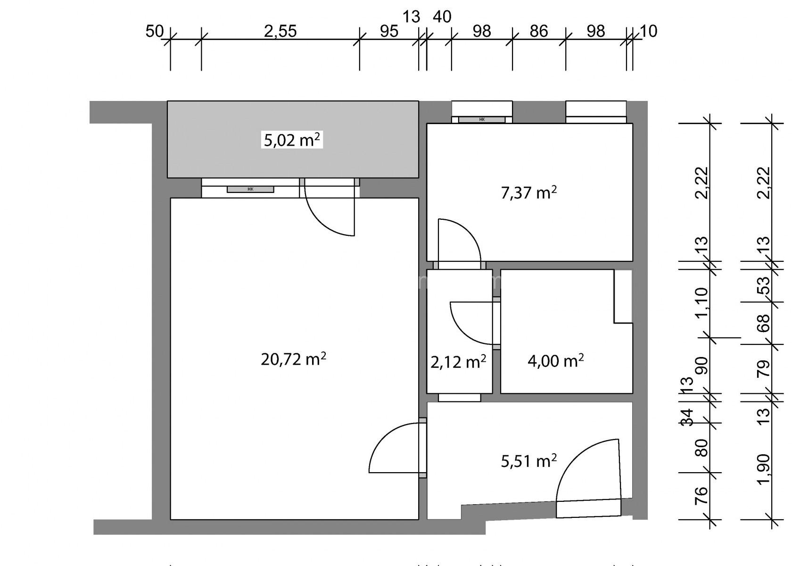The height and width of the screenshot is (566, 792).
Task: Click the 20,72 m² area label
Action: (293, 359)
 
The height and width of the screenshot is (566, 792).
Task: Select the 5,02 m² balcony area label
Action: (292, 140)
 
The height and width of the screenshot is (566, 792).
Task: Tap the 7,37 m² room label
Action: (529, 192)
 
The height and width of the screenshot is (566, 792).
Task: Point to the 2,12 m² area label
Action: (458, 362)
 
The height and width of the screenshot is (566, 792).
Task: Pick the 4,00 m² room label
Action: (556, 361)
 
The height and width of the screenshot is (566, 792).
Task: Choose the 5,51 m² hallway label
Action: (529, 461)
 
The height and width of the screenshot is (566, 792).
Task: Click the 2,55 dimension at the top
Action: (280, 31)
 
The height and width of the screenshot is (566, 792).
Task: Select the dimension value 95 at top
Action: (389, 31)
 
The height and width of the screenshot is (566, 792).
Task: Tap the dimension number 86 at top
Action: (539, 31)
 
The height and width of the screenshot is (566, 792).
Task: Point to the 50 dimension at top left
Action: (155, 31)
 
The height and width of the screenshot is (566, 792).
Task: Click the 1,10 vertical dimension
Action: (702, 303)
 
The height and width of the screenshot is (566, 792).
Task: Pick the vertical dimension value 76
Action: (701, 496)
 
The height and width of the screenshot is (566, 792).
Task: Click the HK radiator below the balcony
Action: (250, 189)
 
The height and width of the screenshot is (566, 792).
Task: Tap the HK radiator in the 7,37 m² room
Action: (482, 120)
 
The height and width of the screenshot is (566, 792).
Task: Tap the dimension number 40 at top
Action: (442, 17)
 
